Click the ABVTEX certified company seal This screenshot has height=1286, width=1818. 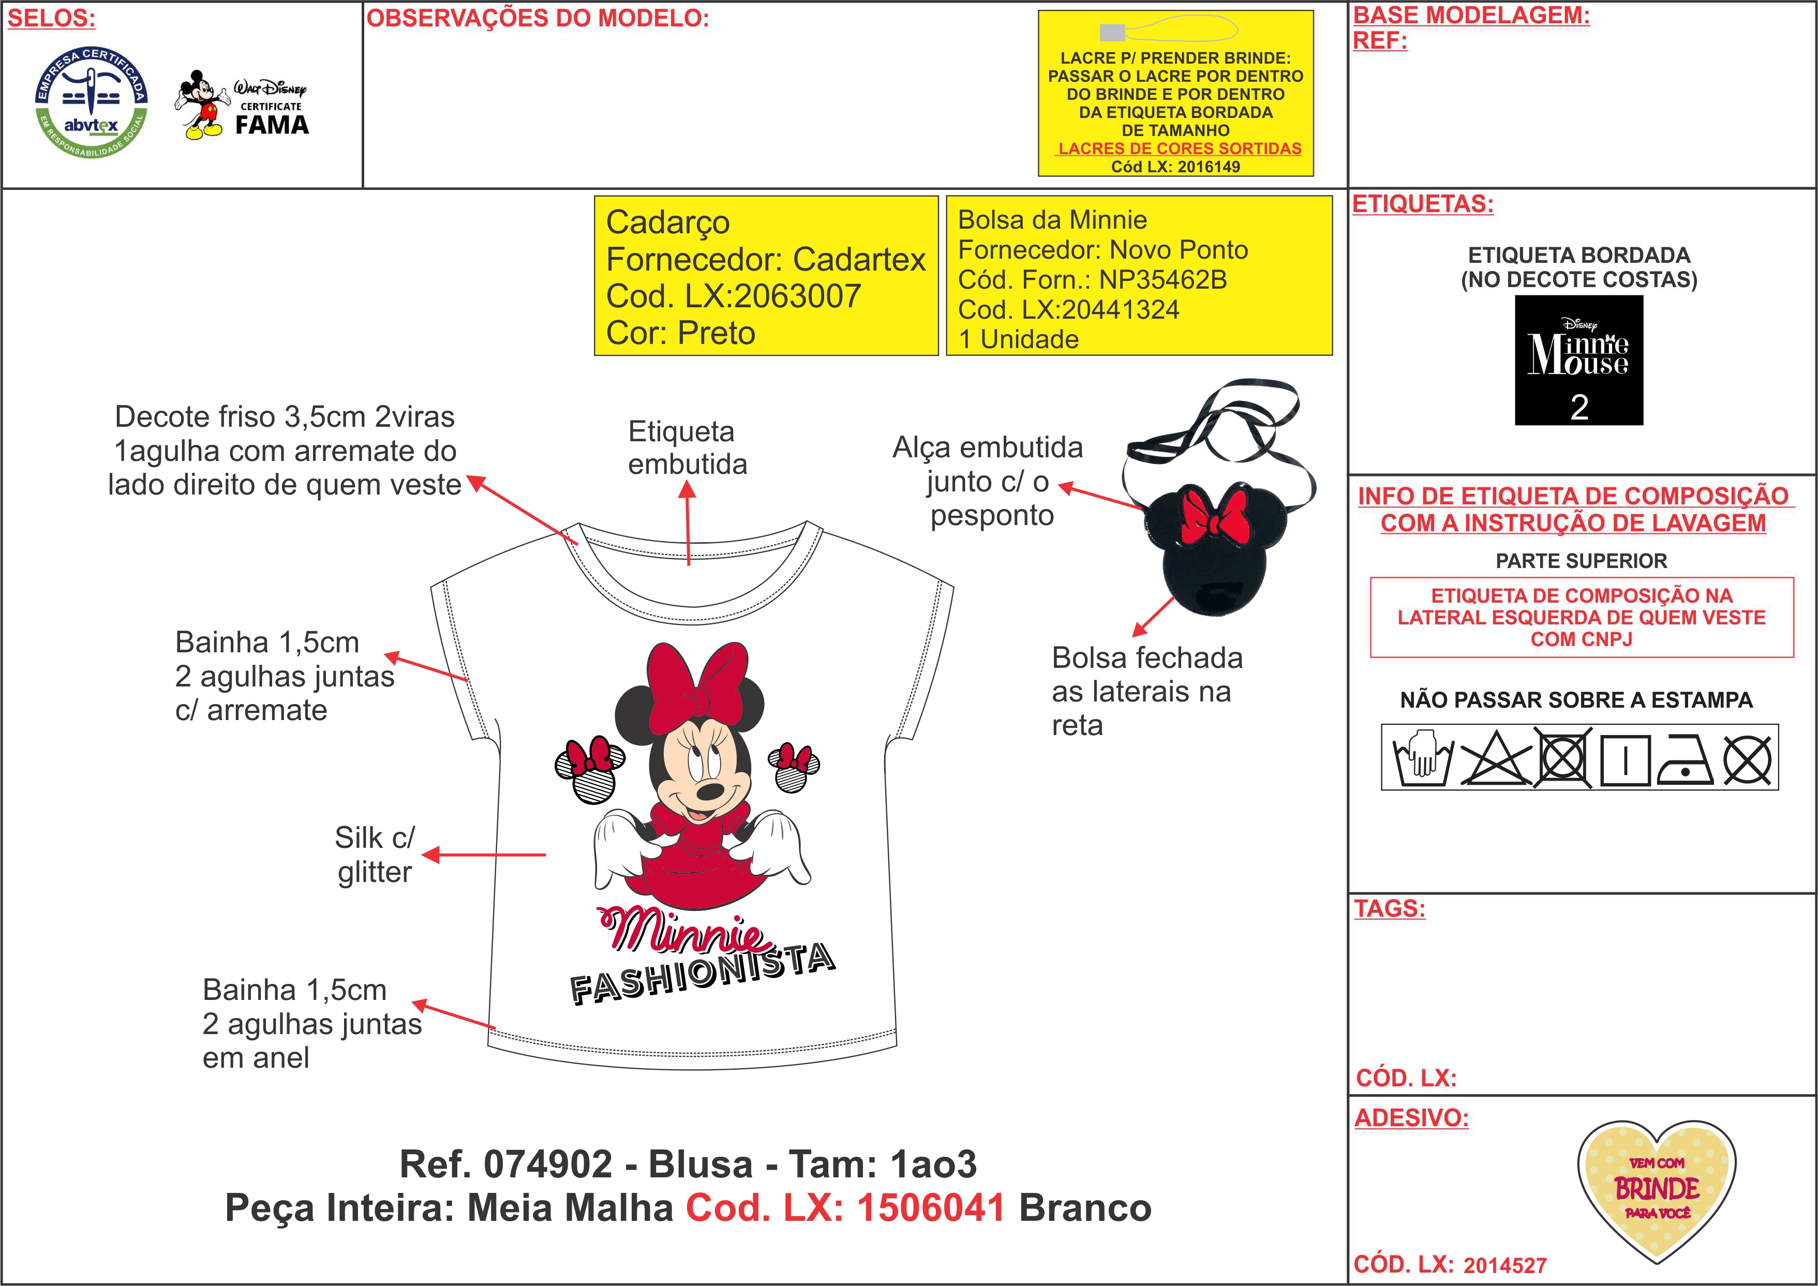pyautogui.click(x=91, y=101)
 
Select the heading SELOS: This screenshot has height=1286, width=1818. pyautogui.click(x=51, y=18)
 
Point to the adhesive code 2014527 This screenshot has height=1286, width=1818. pyautogui.click(x=1504, y=1265)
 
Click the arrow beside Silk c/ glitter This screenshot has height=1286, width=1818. pyautogui.click(x=484, y=855)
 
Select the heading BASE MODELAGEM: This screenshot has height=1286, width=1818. pyautogui.click(x=1470, y=15)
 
